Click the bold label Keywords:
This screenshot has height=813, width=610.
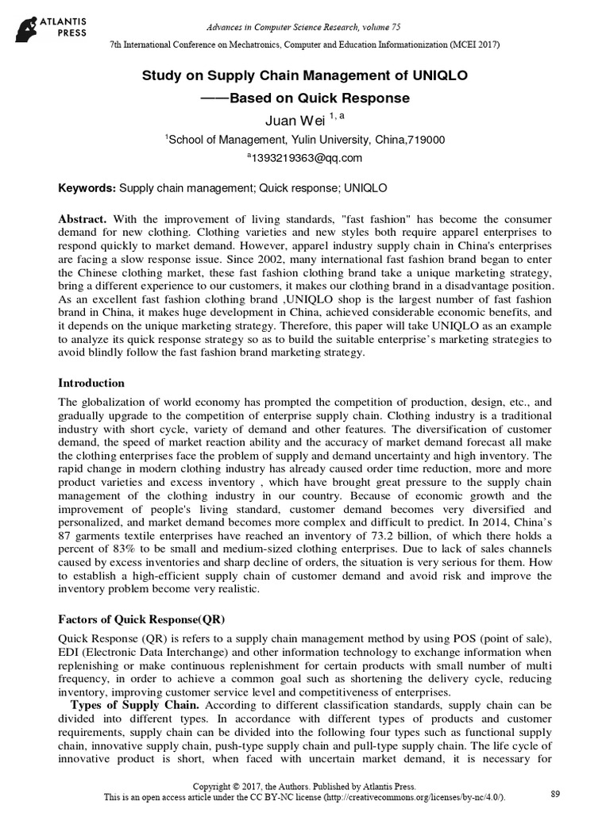pyautogui.click(x=87, y=188)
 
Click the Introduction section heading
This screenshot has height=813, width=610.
pyautogui.click(x=91, y=383)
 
